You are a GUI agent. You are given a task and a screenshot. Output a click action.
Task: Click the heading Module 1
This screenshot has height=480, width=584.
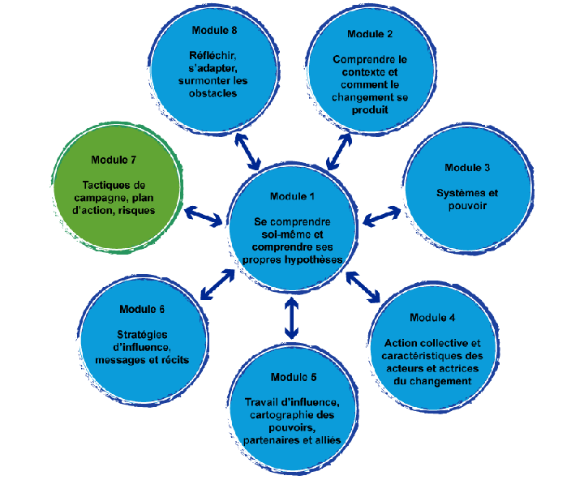pyautogui.click(x=291, y=197)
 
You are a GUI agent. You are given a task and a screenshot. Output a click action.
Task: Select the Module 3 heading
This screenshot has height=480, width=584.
pyautogui.click(x=467, y=168)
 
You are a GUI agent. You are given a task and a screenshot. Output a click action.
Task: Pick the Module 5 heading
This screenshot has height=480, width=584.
pyautogui.click(x=291, y=378)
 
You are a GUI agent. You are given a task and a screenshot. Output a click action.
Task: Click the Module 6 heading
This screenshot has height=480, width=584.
pyautogui.click(x=142, y=309)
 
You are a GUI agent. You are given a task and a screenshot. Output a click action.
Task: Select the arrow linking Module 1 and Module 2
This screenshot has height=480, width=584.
pyautogui.click(x=338, y=149)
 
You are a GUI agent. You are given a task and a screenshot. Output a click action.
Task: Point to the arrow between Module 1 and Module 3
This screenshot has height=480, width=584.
pyautogui.click(x=382, y=216)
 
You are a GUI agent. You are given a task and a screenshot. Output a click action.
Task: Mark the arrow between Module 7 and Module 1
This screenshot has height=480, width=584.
pyautogui.click(x=204, y=216)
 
